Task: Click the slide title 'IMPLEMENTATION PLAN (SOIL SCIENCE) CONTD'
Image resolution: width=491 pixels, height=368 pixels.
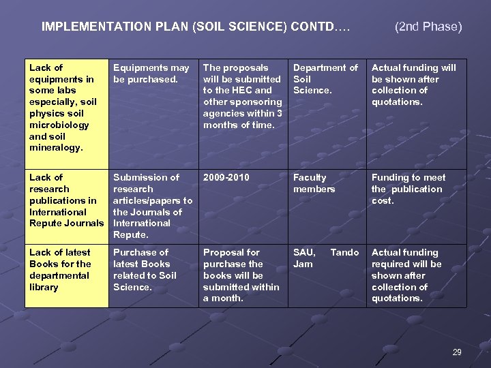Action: (196, 27)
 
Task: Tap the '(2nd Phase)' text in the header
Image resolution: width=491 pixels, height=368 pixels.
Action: (428, 27)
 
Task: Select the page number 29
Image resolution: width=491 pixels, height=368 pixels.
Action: (457, 352)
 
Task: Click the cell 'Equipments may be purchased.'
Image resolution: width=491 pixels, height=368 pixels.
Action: (151, 74)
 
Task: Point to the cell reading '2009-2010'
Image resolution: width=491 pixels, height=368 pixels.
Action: (226, 178)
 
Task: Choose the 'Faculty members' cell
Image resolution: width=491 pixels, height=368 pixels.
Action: (314, 183)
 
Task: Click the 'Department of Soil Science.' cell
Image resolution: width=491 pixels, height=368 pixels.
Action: (325, 79)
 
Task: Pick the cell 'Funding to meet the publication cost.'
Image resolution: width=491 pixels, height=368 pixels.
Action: (408, 189)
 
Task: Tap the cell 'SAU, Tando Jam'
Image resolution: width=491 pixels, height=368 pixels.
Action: (325, 258)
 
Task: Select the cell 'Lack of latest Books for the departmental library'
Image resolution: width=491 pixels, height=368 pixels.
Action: (60, 270)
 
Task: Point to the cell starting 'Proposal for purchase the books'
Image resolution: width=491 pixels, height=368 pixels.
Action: (241, 275)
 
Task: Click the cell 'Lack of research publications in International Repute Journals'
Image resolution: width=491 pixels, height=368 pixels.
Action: (65, 200)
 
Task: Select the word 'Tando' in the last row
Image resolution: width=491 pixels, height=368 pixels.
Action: (344, 253)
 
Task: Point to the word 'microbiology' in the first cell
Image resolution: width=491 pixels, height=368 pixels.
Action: (59, 125)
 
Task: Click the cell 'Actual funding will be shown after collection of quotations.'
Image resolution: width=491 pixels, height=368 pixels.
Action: (413, 85)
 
